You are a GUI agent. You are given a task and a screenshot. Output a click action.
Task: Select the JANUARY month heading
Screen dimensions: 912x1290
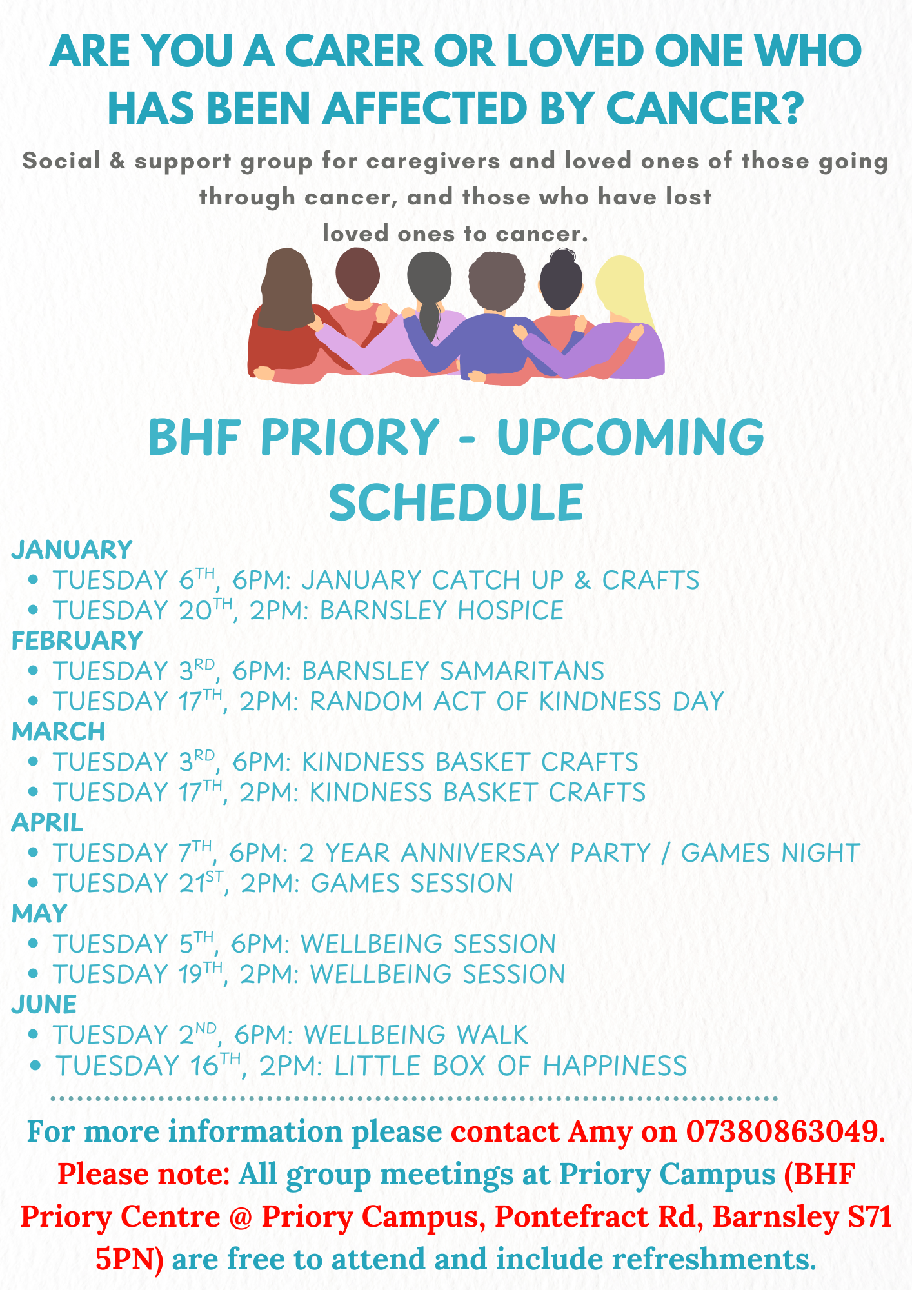[x=72, y=550]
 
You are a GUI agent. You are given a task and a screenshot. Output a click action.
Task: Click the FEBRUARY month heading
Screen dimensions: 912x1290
[x=77, y=640]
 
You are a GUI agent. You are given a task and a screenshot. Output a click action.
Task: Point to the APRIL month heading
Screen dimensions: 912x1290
[x=47, y=822]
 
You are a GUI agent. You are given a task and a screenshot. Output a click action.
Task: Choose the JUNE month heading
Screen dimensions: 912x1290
[x=44, y=1004]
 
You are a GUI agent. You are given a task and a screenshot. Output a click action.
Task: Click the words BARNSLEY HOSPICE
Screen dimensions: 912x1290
[x=442, y=610]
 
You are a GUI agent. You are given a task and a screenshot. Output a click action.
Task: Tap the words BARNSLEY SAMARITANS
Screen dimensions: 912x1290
[x=453, y=671]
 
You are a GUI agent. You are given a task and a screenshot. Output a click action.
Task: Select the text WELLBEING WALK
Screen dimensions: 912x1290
[x=416, y=1035]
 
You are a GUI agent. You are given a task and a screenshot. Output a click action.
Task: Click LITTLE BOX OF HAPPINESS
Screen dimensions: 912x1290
[x=510, y=1066]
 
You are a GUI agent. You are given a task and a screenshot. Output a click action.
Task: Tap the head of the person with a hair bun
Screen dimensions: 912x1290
[x=561, y=280]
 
